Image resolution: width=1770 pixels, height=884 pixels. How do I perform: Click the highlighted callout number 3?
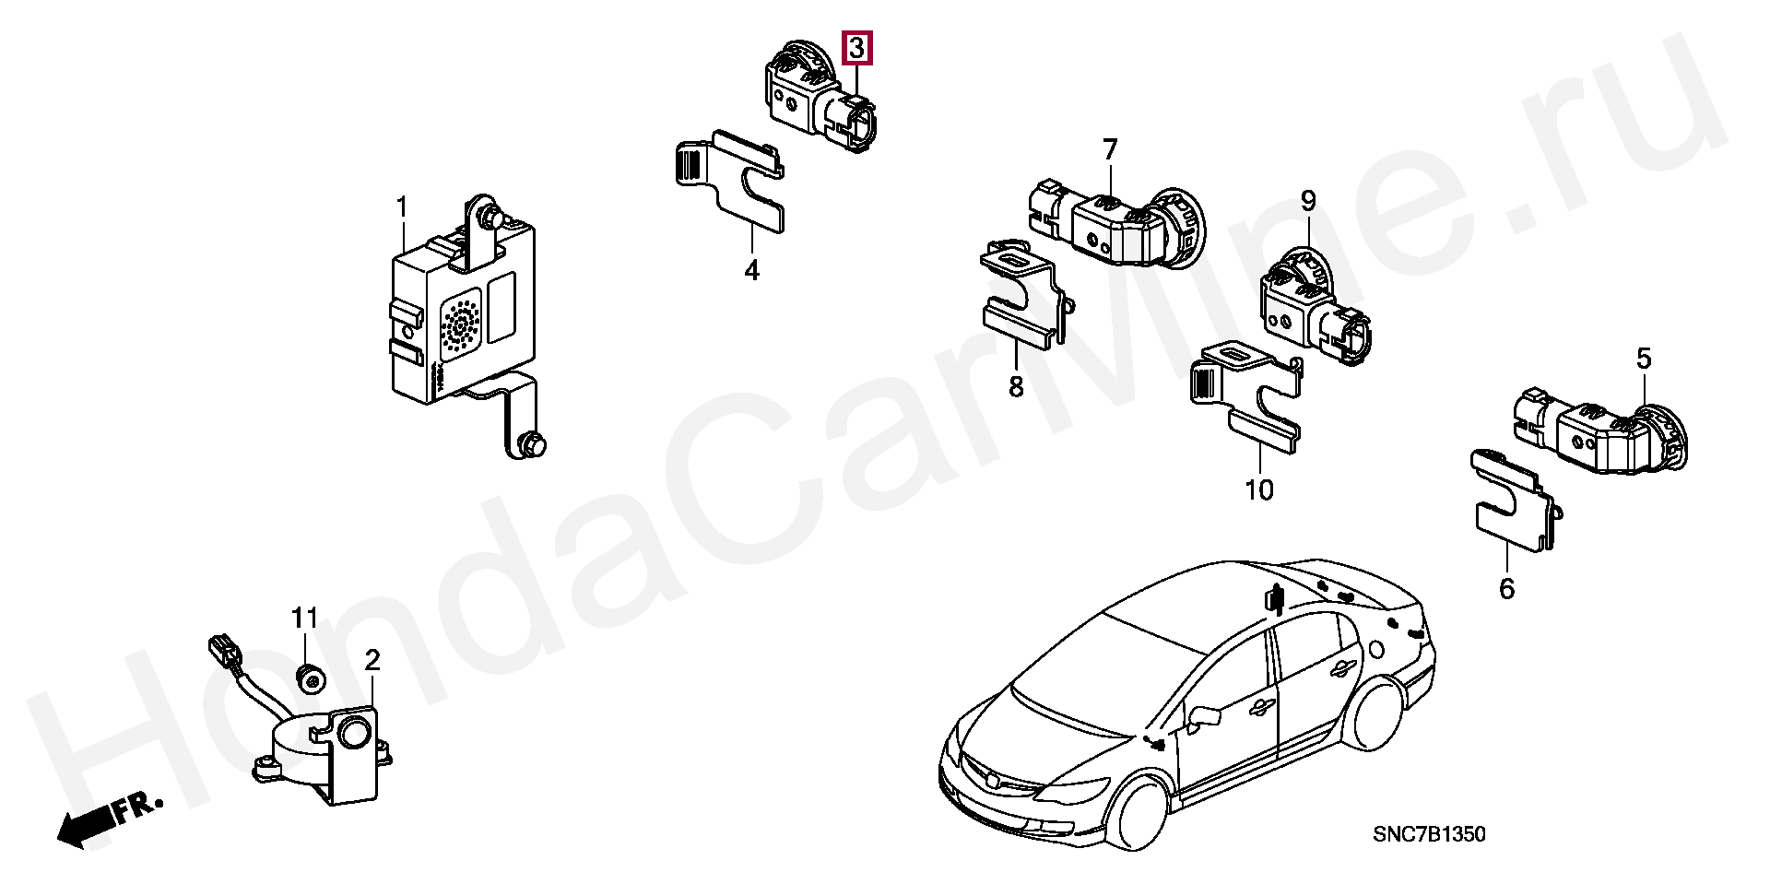857,47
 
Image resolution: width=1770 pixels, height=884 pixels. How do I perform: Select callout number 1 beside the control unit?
402,207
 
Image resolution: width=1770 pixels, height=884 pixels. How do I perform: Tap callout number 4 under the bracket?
752,270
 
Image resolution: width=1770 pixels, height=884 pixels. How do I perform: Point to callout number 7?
1110,149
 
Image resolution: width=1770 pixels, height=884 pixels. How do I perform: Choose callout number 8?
1016,386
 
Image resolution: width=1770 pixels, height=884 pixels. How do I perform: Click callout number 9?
1309,201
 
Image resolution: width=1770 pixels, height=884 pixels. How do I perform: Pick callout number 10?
1259,489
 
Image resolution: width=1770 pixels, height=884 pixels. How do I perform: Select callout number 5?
1645,358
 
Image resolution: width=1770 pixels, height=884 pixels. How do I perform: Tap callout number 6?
1507,588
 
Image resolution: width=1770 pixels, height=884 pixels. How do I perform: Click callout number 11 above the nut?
305,618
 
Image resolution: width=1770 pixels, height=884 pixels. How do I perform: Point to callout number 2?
372,660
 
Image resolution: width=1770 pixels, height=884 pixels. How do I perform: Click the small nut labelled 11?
311,679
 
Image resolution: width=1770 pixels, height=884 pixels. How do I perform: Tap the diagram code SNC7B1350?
1429,834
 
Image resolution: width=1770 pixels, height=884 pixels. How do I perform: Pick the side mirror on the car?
1204,716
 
